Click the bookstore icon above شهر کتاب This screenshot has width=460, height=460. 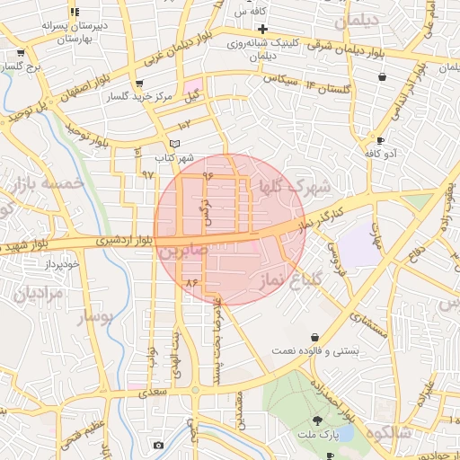coord(174,144)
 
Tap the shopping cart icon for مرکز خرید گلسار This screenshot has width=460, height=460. coord(138,84)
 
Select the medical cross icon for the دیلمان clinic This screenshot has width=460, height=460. coord(261,29)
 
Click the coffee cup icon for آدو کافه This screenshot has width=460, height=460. coord(380,141)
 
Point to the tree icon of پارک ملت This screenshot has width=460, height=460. coord(316,420)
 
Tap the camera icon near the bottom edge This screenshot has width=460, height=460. coord(159,446)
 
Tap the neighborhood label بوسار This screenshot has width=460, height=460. coord(96,317)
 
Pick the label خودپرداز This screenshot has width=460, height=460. coord(64,264)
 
